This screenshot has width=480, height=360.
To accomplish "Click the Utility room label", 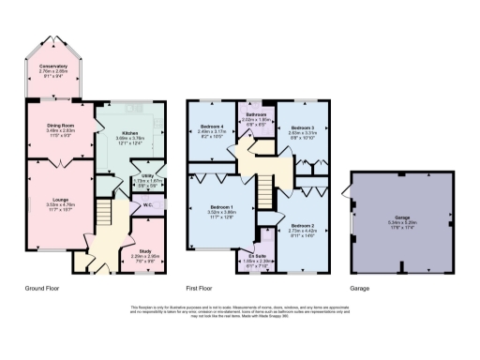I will pyautogui.click(x=147, y=174).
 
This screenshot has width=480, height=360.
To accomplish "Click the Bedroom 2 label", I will pyautogui.click(x=302, y=225).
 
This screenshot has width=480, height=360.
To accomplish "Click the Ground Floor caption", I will pyautogui.click(x=44, y=289).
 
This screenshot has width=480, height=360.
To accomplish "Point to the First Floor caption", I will pyautogui.click(x=202, y=289).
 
